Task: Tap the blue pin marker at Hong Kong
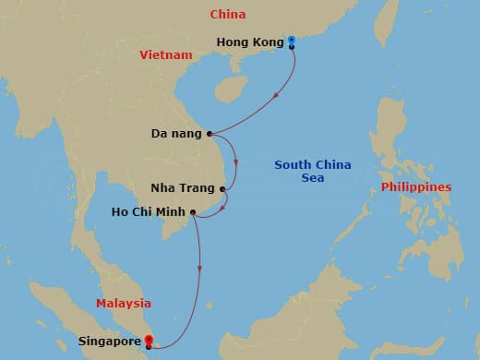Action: click(291, 41)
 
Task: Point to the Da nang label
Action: click(175, 134)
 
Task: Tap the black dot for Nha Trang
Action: click(222, 189)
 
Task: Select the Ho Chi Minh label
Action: click(148, 212)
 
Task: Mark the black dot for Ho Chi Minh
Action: click(193, 212)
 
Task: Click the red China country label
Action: click(227, 15)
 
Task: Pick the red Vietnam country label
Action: click(166, 55)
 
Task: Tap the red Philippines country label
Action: click(415, 187)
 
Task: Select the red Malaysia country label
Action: click(124, 303)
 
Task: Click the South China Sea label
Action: click(313, 172)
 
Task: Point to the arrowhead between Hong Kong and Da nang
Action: click(277, 99)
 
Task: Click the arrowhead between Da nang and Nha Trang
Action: click(237, 162)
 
